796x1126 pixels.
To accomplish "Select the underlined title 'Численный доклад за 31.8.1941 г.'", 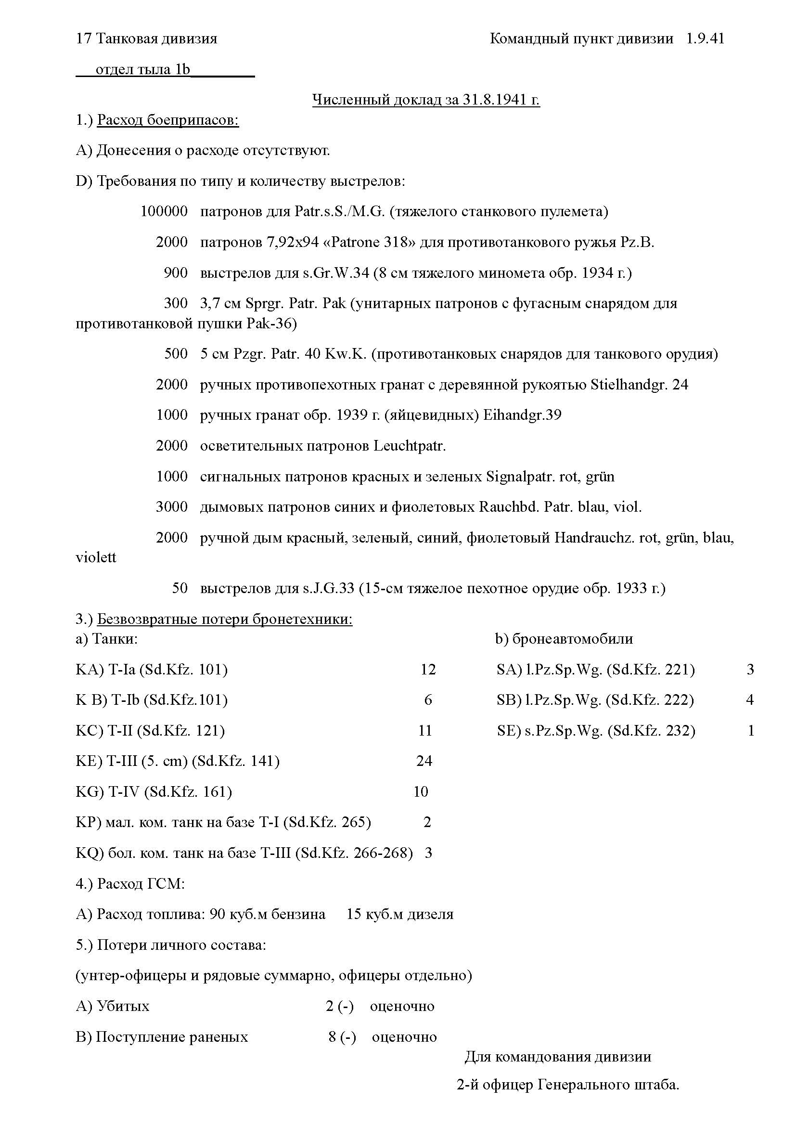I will click(x=426, y=100).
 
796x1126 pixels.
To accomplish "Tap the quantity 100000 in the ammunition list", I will click(x=164, y=211).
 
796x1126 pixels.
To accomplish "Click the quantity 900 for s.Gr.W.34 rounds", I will click(x=176, y=272).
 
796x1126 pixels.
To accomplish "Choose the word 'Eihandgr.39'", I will click(x=522, y=415).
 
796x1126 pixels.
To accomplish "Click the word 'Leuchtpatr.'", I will click(x=409, y=446).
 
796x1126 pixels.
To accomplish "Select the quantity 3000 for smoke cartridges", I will click(x=171, y=506).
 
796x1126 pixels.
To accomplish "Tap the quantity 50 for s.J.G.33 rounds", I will click(x=180, y=587).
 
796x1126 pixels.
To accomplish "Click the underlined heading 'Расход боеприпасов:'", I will click(x=167, y=120).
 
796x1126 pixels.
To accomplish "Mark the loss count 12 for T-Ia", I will click(x=428, y=670).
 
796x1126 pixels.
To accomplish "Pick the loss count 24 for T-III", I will click(x=424, y=761).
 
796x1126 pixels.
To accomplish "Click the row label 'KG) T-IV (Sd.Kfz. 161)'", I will click(x=154, y=791).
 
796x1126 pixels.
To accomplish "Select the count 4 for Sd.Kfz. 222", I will click(x=749, y=700).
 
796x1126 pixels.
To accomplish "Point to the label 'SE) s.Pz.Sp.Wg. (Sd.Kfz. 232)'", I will click(x=595, y=731).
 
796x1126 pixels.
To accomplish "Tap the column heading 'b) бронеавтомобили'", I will click(x=564, y=638).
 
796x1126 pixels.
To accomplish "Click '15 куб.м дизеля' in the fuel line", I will click(x=399, y=914).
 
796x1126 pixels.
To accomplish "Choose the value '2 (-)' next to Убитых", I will click(x=339, y=1006).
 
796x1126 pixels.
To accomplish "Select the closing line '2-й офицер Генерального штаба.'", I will click(x=567, y=1099).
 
